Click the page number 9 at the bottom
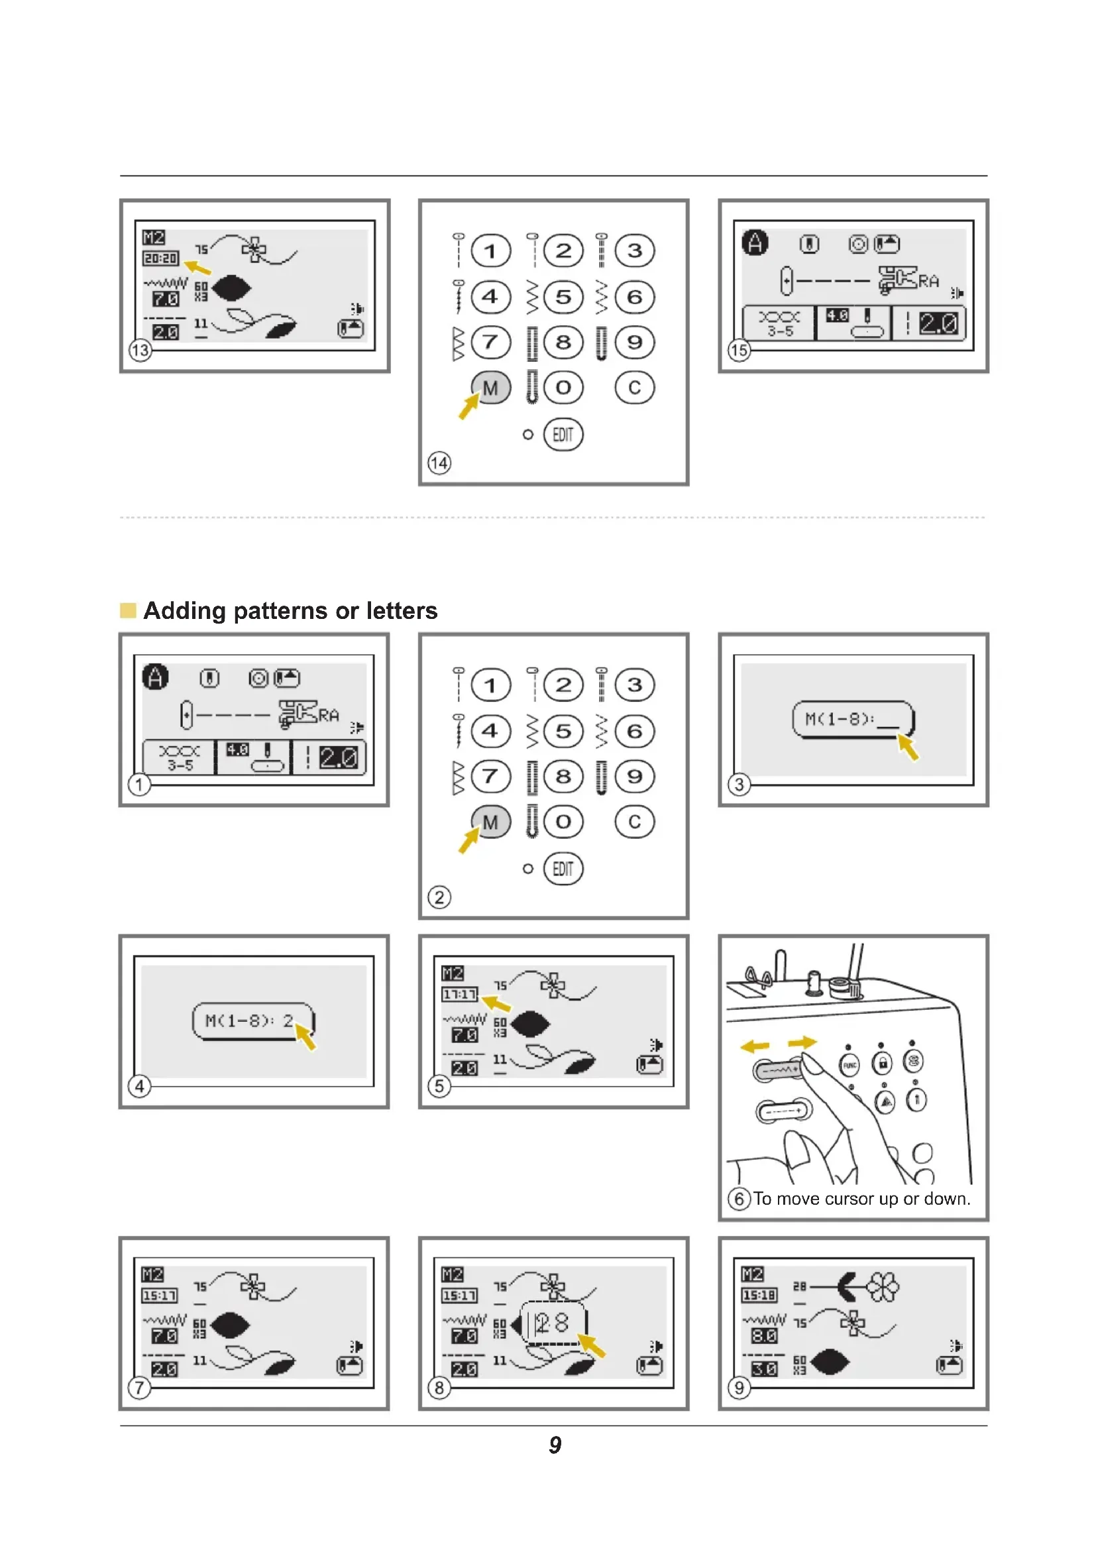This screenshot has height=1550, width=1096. click(555, 1445)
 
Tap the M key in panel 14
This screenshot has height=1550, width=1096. click(490, 388)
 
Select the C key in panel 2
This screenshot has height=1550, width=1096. click(634, 822)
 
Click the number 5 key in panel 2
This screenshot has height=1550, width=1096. click(563, 731)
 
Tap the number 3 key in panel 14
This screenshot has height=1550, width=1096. click(634, 251)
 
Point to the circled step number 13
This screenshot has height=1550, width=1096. click(140, 351)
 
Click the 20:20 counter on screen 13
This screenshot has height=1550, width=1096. click(160, 258)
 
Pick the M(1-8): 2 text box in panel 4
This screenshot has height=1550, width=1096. click(253, 1021)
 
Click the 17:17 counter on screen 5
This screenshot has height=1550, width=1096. click(460, 995)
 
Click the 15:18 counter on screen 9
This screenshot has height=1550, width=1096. click(759, 1296)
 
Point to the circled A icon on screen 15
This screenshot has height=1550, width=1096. click(755, 243)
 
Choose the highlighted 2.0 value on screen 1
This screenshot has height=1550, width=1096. click(338, 758)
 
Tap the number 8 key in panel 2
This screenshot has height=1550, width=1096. click(563, 777)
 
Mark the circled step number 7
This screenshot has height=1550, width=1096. click(140, 1388)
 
